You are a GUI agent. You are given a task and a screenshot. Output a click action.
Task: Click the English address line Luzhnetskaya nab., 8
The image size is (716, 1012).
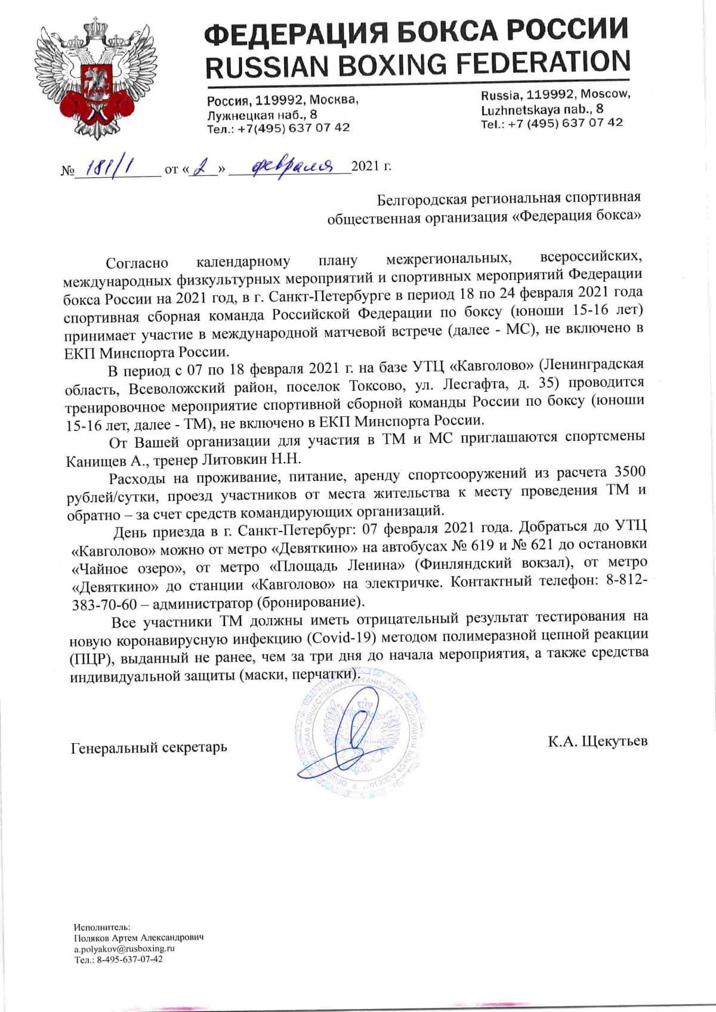542,109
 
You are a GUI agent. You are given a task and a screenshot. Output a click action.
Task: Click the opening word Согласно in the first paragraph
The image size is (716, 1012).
137,262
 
